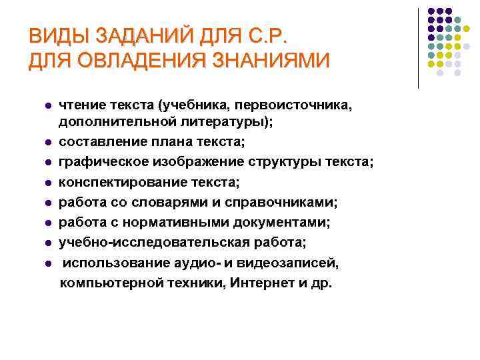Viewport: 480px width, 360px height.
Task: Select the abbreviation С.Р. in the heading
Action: [x=273, y=35]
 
